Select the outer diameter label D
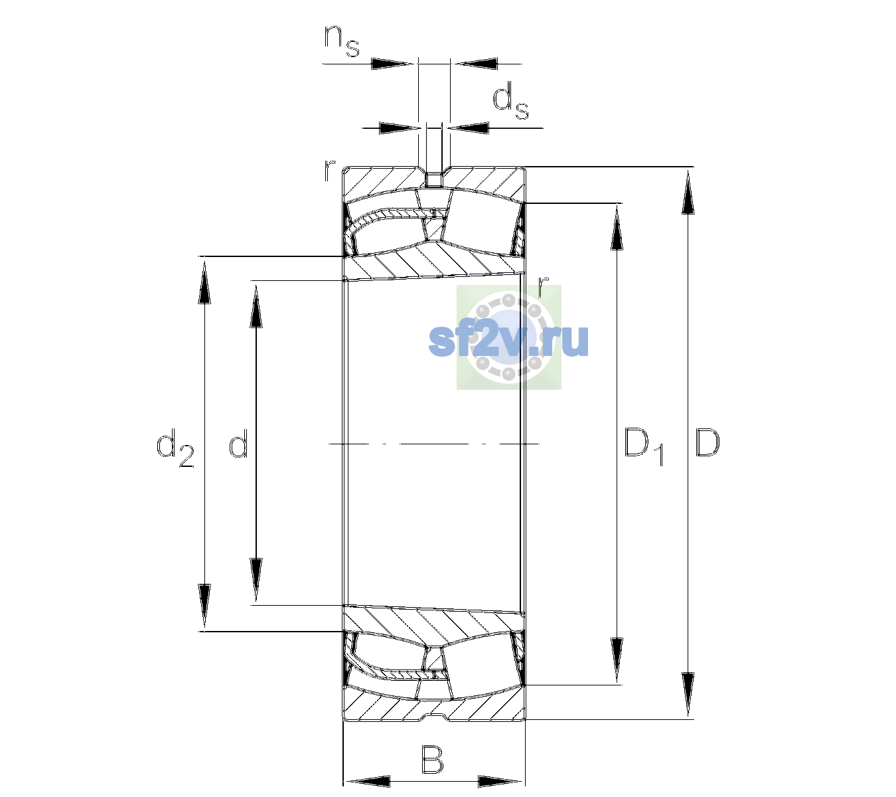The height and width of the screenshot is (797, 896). tap(708, 442)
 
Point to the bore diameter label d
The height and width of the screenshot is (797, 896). tap(238, 442)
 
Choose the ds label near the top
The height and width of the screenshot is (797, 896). tap(510, 100)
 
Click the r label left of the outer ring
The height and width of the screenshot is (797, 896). tap(329, 171)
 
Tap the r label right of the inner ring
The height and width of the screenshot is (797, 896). tap(543, 287)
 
